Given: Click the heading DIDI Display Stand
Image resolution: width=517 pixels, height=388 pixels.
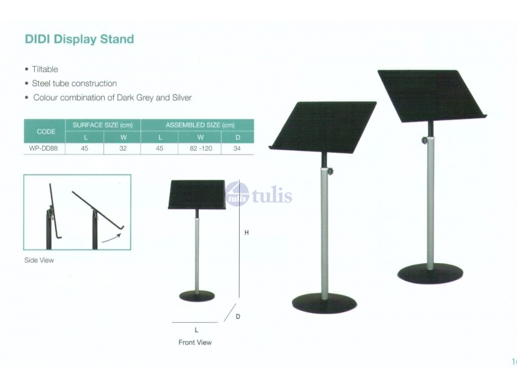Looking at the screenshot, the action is (79, 39).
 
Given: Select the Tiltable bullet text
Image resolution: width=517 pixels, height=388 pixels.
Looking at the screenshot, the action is (45, 69).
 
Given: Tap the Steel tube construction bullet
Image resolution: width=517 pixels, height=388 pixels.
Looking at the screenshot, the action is (74, 83).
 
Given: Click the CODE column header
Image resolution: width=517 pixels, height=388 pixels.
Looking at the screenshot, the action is (46, 132).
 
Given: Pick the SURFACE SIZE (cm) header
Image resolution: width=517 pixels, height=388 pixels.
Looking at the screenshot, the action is (103, 125).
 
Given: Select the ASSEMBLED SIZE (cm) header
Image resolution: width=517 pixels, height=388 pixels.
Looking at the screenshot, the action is (200, 125).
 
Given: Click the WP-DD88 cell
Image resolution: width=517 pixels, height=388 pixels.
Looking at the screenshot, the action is (43, 149).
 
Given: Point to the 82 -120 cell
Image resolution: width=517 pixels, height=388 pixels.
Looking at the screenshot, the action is (201, 149).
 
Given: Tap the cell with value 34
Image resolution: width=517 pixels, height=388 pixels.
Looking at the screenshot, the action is (237, 149).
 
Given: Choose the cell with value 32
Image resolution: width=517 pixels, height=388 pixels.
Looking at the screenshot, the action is (123, 149).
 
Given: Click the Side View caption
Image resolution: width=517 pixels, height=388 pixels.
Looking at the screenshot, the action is (39, 261).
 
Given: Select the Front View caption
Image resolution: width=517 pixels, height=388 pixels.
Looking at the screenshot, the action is (195, 343).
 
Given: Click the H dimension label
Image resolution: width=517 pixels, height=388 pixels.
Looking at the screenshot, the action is (246, 233).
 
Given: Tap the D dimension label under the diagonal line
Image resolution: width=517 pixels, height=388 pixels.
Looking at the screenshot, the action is (238, 316).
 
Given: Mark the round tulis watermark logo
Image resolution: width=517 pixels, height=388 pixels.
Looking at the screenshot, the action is (237, 194).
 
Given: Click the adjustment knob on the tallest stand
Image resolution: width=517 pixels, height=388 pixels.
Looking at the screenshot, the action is (425, 140).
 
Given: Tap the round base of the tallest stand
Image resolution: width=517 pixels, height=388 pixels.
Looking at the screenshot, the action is (430, 274).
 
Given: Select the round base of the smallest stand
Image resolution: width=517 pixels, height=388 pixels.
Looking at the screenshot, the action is (197, 296).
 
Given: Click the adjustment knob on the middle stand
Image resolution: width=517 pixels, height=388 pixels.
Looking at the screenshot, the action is (330, 171).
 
